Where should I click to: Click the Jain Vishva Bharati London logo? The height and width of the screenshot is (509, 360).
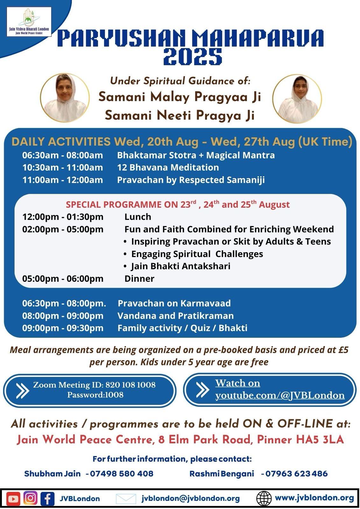tap(29, 22)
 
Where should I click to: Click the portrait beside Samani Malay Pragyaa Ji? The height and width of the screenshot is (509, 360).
tap(65, 98)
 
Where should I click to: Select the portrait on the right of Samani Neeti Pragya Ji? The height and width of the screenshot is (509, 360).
tap(297, 99)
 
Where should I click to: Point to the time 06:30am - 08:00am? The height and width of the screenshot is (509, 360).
tap(62, 155)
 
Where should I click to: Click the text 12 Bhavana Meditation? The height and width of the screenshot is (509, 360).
tap(168, 167)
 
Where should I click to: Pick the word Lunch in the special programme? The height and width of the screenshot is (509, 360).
tap(138, 217)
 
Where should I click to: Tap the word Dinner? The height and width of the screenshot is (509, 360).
tap(139, 279)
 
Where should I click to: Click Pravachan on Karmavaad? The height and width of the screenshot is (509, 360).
tap(174, 303)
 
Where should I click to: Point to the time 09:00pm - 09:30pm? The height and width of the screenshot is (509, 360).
tap(63, 328)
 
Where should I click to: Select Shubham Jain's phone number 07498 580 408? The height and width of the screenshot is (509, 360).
tap(122, 474)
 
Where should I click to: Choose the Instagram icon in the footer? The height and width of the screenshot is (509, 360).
tap(30, 498)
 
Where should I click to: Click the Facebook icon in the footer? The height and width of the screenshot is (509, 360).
tap(47, 498)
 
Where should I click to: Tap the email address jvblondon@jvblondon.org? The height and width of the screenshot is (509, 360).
tap(191, 498)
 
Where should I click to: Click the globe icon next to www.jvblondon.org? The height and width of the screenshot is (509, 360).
tap(264, 499)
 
